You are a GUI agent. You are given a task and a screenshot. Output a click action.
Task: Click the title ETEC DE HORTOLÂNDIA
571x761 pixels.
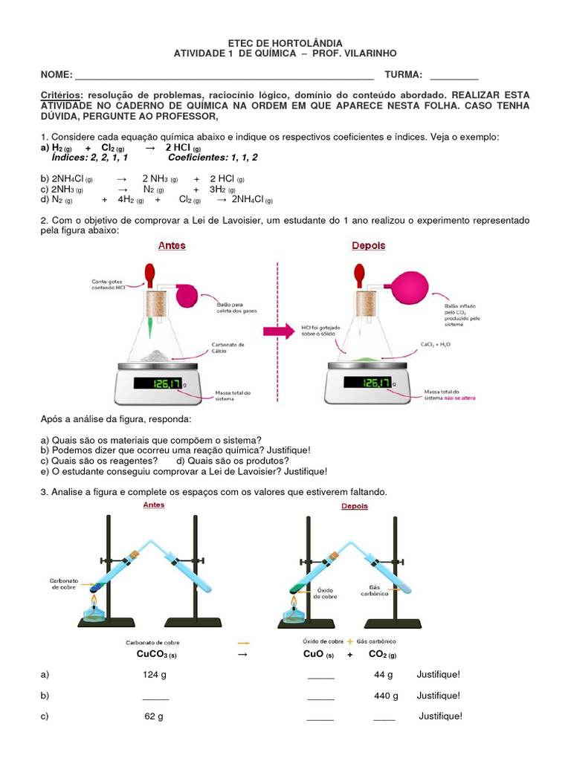285,44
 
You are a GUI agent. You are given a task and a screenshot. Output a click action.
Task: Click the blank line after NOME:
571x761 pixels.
223,75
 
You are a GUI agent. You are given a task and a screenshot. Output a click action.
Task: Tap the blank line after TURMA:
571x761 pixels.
454,75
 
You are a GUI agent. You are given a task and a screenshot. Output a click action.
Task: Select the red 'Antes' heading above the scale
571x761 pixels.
172,245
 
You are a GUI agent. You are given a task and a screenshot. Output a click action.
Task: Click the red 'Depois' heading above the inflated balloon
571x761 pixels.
368,245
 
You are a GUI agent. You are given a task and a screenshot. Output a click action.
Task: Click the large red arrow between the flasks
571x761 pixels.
280,331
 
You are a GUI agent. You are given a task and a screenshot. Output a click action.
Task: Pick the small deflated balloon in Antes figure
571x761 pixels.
187,296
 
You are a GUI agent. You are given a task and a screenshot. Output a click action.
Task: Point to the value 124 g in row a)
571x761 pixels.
155,675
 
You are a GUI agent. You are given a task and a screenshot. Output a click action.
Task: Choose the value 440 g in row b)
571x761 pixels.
386,696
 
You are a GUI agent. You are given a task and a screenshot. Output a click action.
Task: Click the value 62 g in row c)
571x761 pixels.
154,716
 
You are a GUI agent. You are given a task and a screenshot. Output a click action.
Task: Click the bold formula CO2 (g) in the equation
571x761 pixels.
382,655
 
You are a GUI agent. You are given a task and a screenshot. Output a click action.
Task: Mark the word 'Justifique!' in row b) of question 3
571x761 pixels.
439,696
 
